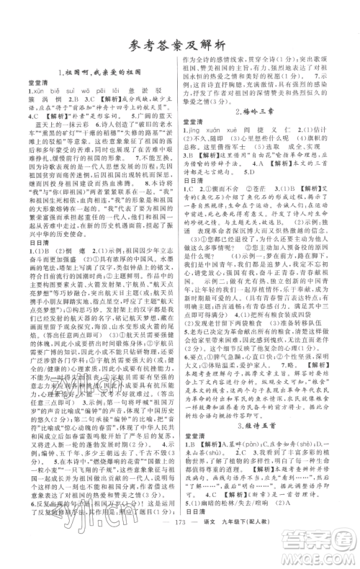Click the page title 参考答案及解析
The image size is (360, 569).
(179, 44)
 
